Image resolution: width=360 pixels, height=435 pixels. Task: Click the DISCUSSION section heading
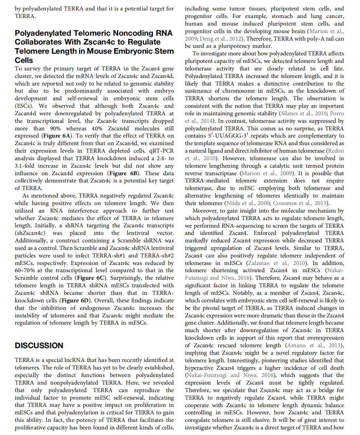tap(39, 346)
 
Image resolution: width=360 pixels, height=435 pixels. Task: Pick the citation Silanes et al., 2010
tap(303, 113)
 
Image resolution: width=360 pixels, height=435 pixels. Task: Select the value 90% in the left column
tap(55, 128)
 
